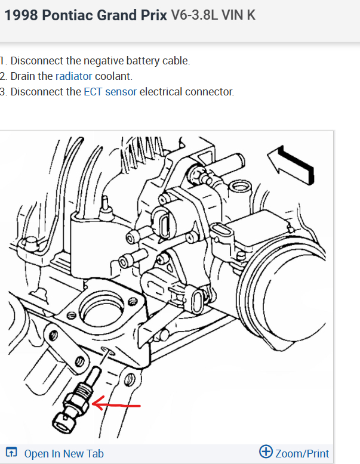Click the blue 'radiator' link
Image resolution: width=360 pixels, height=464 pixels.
tap(73, 76)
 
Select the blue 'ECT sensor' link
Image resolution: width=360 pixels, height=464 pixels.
tap(110, 92)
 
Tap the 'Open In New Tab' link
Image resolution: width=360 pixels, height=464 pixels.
tap(64, 453)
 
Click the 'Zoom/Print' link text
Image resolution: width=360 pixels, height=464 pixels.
tap(302, 453)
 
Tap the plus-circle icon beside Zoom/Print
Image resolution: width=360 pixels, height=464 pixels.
tap(266, 452)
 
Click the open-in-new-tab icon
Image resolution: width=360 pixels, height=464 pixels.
tap(11, 453)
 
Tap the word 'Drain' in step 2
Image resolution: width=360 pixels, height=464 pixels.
tap(24, 76)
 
